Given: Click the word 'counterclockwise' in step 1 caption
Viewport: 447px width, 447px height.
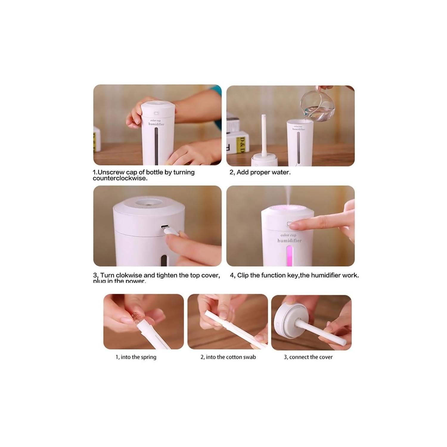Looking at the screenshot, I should coord(119,179).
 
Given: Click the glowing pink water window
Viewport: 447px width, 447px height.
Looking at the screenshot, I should coord(289,256).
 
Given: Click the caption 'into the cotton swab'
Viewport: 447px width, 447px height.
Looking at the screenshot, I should coord(228,357).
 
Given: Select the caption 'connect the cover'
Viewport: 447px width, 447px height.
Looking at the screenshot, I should coord(308,357).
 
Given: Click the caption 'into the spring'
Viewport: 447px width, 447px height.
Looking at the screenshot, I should coord(136,357).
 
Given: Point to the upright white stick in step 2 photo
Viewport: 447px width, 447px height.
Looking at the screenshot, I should coord(263,134).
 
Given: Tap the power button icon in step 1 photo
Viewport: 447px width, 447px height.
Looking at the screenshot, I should coord(156,114).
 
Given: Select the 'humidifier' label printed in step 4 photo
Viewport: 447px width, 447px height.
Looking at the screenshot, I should coord(289,240).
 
